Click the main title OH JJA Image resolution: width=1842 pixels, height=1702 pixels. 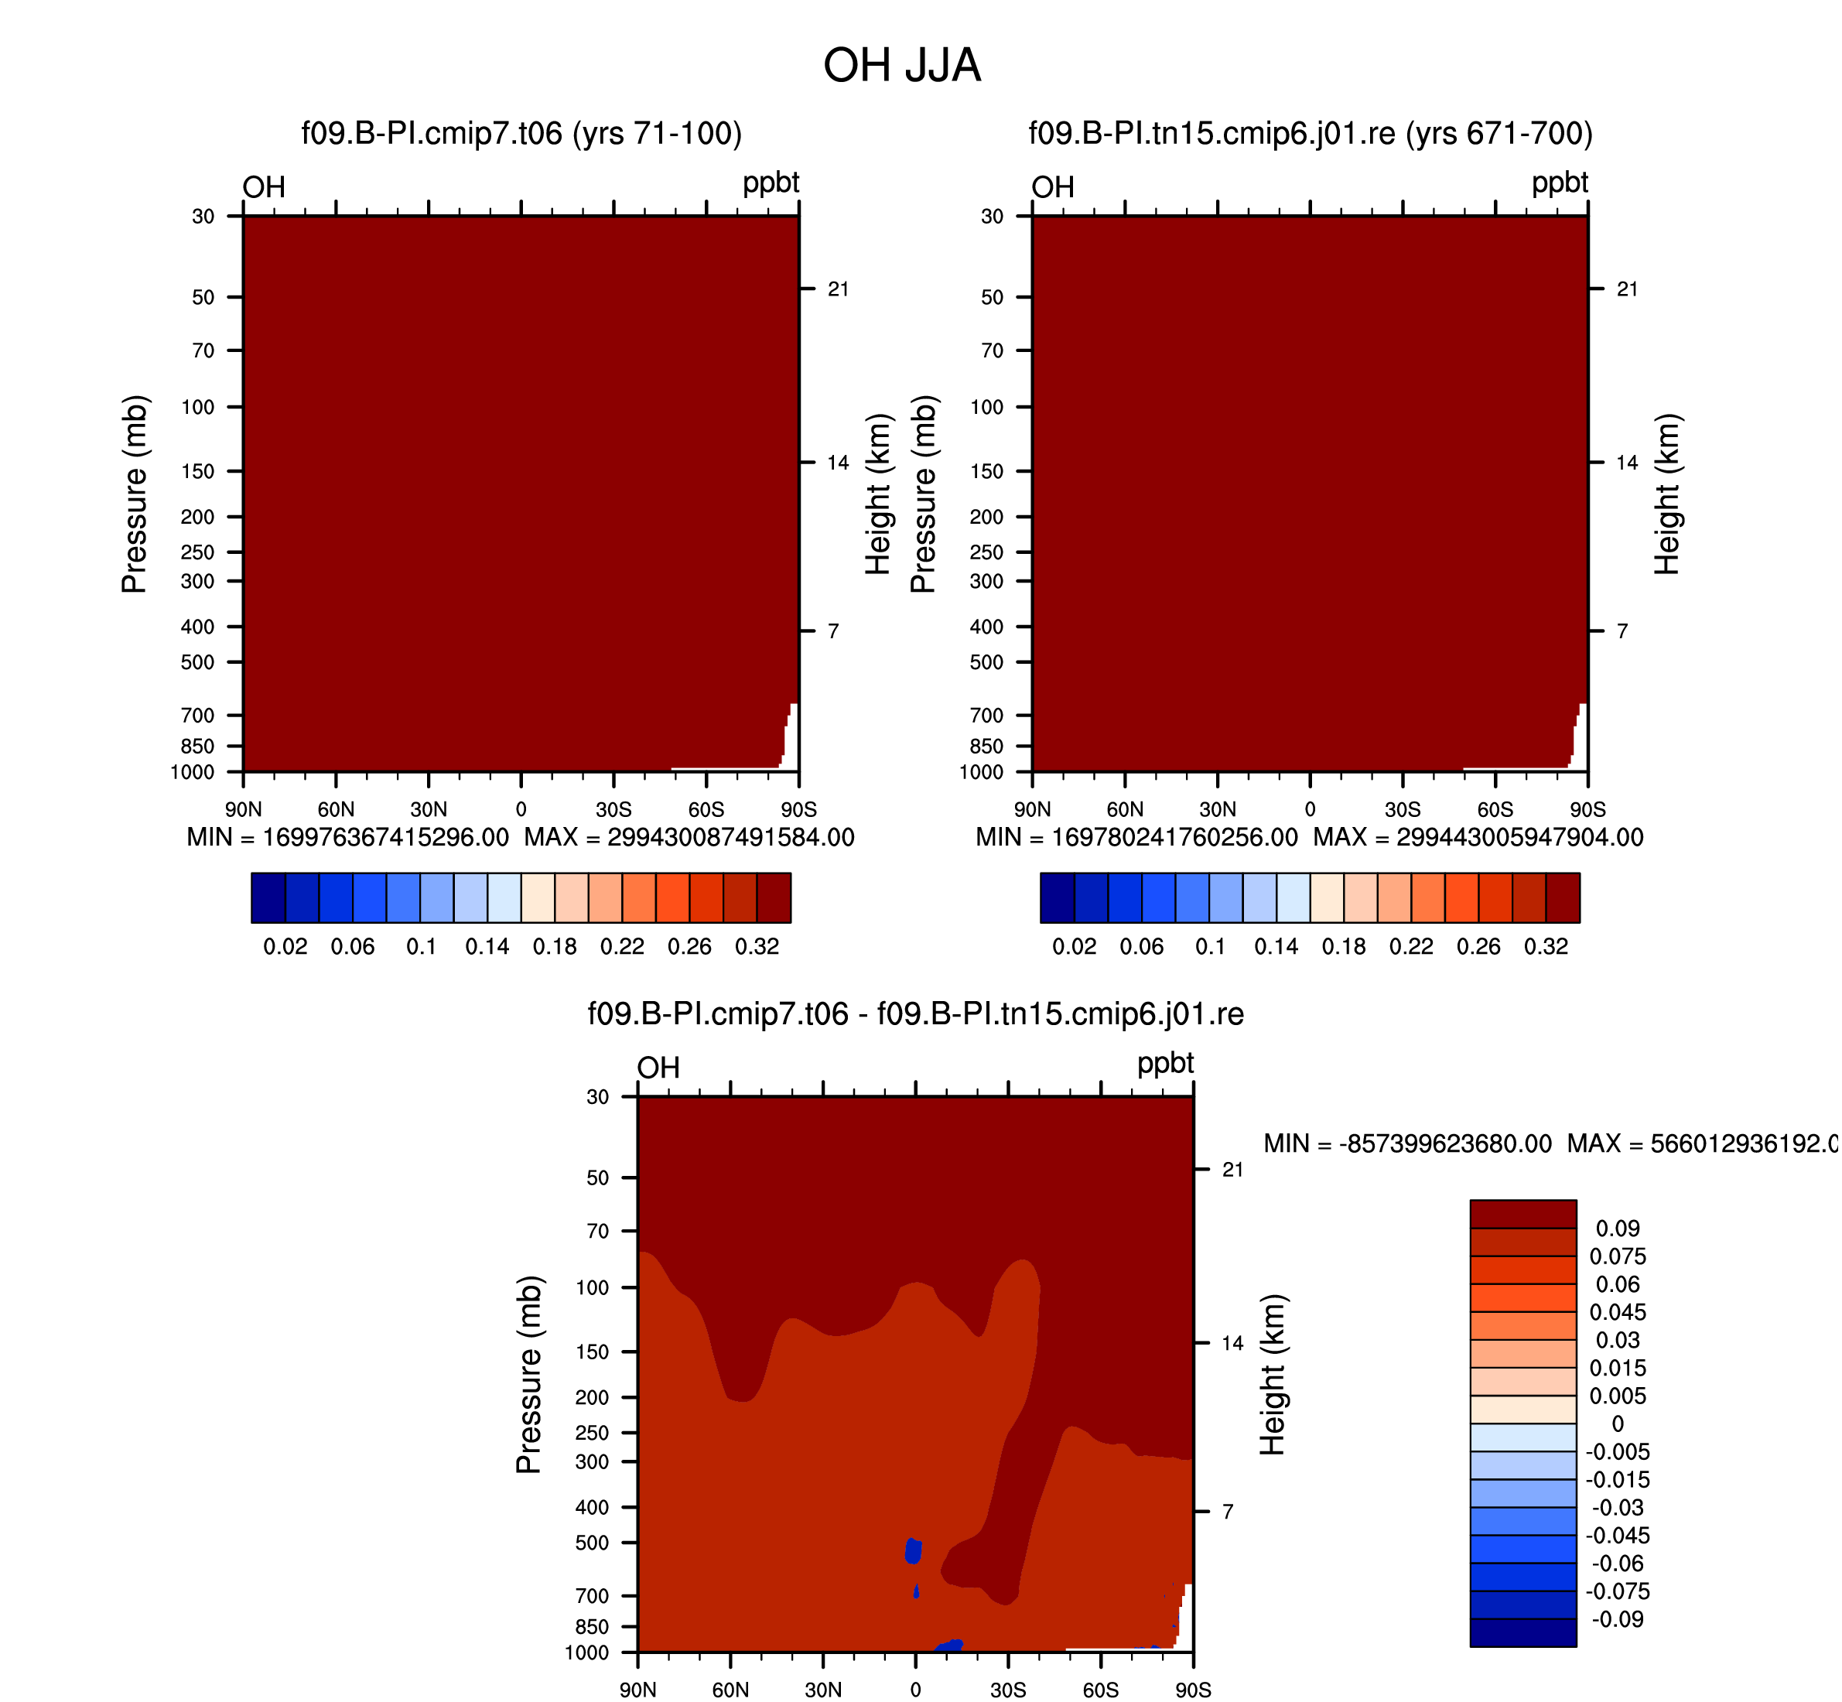pyautogui.click(x=903, y=66)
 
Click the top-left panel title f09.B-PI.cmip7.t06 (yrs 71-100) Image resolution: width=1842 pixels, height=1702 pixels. pyautogui.click(x=521, y=135)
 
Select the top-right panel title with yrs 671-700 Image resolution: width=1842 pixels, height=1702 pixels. pyautogui.click(x=1311, y=135)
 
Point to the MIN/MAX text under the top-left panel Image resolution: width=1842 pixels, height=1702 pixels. pyautogui.click(x=521, y=837)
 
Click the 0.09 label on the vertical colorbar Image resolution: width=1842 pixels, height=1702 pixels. pyautogui.click(x=1618, y=1229)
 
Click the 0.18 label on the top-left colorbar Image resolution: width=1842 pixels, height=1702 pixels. pyautogui.click(x=555, y=947)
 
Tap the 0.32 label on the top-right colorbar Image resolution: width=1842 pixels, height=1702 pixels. pyautogui.click(x=1546, y=947)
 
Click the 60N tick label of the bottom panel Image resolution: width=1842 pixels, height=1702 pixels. pyautogui.click(x=730, y=1690)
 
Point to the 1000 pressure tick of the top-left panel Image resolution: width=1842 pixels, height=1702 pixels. pyautogui.click(x=193, y=772)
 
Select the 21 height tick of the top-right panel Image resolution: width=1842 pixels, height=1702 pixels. pyautogui.click(x=1628, y=289)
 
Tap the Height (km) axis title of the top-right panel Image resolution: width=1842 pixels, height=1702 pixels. pyautogui.click(x=1667, y=494)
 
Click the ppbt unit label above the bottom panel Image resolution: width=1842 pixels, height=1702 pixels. pyautogui.click(x=1165, y=1065)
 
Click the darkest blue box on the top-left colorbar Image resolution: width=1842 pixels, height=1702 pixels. pyautogui.click(x=268, y=898)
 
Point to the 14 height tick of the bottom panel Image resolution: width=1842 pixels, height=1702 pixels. pyautogui.click(x=1232, y=1343)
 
